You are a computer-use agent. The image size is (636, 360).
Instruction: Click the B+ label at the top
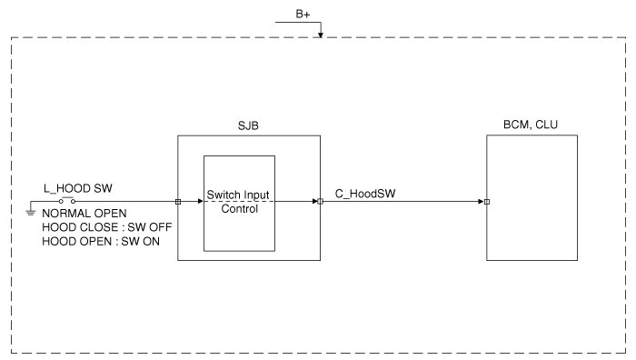(303, 15)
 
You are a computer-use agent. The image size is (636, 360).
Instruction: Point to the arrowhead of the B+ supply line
(321, 35)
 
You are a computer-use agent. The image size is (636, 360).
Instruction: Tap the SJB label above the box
(248, 125)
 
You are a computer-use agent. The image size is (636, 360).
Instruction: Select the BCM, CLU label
(531, 125)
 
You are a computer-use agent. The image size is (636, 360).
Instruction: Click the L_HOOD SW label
(78, 188)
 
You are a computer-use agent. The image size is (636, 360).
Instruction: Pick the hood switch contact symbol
(67, 200)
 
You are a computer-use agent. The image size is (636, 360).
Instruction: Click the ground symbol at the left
(30, 212)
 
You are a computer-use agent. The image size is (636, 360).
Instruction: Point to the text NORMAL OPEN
(84, 214)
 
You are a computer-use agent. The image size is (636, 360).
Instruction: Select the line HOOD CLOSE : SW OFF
(107, 227)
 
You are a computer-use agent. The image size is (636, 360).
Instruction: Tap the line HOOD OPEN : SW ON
(101, 242)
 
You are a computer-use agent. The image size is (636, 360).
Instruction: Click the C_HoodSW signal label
(365, 194)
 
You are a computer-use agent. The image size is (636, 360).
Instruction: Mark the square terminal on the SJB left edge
(178, 202)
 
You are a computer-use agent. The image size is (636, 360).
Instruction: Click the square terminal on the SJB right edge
(321, 201)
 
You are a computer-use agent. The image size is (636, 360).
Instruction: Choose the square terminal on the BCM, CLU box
(487, 202)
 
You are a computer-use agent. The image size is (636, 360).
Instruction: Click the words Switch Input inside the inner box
(238, 195)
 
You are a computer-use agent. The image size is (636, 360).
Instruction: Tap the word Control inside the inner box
(240, 209)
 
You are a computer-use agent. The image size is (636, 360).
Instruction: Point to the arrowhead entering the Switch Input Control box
(201, 201)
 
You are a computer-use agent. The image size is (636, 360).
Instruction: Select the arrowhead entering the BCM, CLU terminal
(481, 201)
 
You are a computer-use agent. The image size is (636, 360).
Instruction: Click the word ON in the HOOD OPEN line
(152, 242)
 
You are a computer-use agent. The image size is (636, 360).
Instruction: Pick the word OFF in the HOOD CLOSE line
(161, 227)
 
